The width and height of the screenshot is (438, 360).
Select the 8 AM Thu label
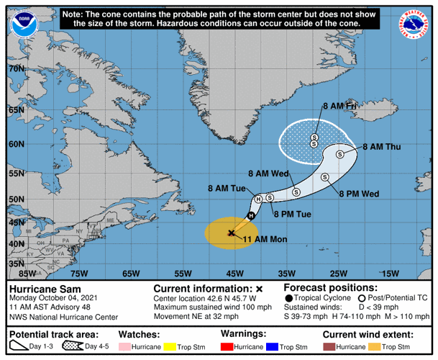[381, 147]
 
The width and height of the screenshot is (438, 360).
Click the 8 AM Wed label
[268, 174]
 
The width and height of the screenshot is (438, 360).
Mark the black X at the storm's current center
[231, 233]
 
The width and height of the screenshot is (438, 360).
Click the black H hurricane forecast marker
[251, 215]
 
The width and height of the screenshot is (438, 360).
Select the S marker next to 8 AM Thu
[342, 152]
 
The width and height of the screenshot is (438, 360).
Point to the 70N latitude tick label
[17, 68]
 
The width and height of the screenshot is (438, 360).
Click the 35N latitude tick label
[17, 264]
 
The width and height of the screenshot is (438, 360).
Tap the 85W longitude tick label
[27, 274]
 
